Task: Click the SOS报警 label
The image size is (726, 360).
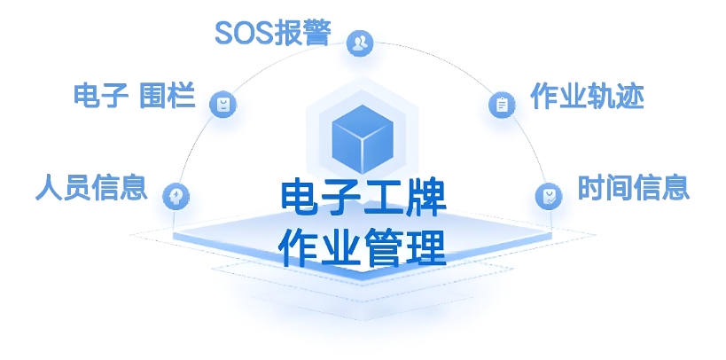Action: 273,34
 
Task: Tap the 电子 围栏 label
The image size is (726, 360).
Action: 134,96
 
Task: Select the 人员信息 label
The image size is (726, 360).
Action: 91,188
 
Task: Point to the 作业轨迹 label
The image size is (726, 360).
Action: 587,97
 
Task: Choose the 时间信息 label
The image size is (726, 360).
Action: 634,187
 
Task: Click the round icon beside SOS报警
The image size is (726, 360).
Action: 360,43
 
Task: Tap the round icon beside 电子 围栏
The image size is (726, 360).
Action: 222,104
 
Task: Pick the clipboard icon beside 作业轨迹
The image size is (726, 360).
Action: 502,105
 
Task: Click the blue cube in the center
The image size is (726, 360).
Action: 363,139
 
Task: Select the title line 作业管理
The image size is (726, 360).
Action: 363,247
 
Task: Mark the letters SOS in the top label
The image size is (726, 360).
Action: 244,34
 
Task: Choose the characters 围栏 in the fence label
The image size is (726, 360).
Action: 168,96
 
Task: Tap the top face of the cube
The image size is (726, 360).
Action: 363,121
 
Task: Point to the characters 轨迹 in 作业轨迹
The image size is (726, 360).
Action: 615,97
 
